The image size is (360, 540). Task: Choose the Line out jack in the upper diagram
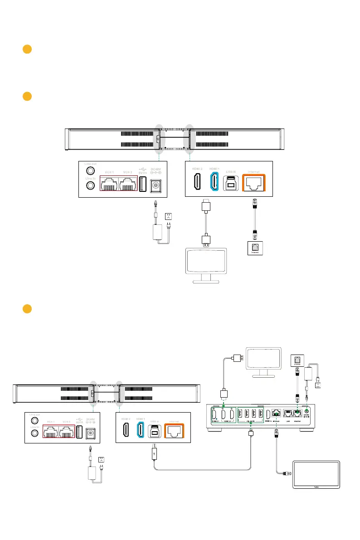point(91,171)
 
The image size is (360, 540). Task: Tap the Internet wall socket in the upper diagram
point(254,249)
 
